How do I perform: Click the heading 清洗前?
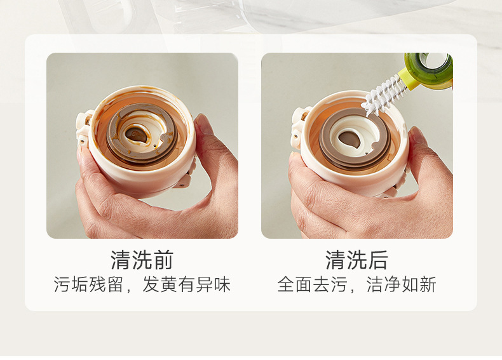click(142, 260)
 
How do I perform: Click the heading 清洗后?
click(356, 260)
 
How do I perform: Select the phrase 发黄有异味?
click(186, 284)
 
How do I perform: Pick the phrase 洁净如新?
click(402, 284)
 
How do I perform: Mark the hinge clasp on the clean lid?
click(299, 117)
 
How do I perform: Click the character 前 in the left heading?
click(163, 260)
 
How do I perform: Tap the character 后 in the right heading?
click(377, 260)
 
